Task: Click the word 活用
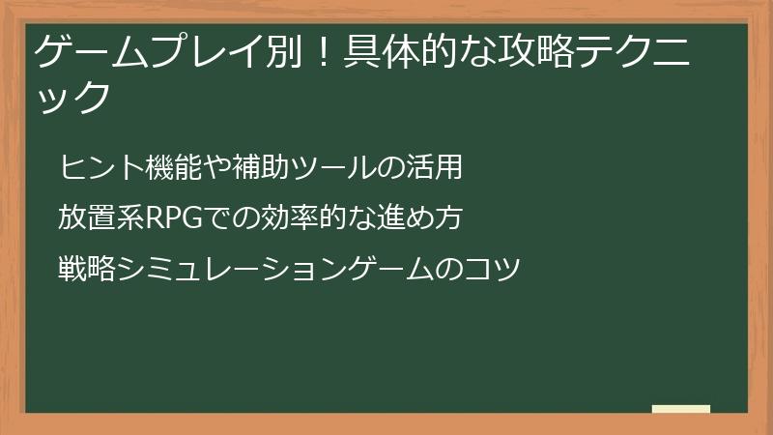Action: point(434,167)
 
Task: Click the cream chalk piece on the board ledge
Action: point(681,409)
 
